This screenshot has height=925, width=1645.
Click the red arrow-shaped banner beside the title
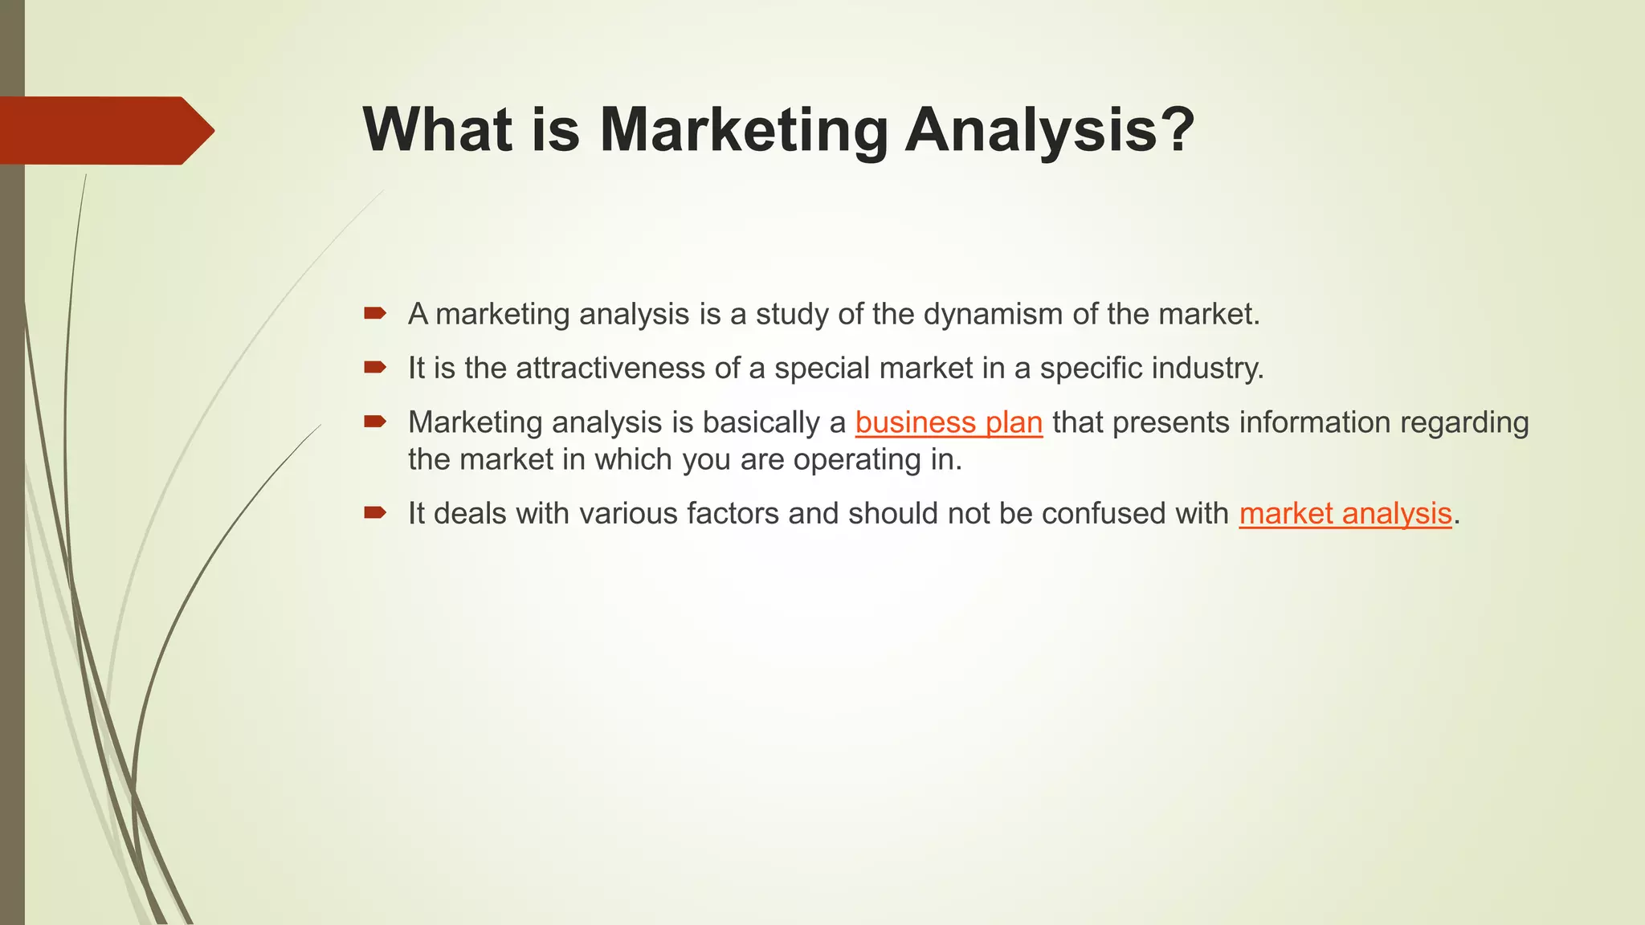104,130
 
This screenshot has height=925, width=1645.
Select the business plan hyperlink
949,422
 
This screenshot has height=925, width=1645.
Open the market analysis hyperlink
1345,514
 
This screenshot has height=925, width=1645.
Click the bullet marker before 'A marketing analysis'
375,313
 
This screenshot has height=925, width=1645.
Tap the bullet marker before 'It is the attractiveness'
375,368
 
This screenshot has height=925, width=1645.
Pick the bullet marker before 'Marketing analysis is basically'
375,422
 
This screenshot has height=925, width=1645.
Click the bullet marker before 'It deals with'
375,513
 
